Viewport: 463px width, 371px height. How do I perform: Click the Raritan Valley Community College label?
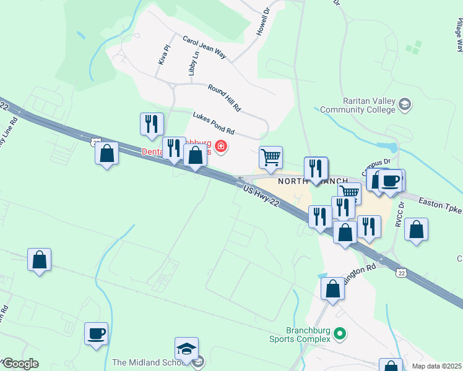tap(369, 105)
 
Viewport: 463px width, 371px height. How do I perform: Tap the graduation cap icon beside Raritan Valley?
tap(405, 104)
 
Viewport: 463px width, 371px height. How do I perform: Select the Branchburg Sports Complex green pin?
tap(338, 333)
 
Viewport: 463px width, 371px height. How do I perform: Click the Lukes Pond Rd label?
tap(214, 122)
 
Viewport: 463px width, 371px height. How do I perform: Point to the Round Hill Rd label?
tap(224, 98)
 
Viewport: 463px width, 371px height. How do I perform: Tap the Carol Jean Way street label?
tap(204, 47)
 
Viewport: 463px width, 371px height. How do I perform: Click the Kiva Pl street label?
tap(164, 54)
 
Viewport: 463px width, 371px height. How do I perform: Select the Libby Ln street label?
tap(191, 61)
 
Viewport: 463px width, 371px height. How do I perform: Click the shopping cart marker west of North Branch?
tap(270, 158)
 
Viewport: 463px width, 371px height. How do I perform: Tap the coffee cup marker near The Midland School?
tap(97, 334)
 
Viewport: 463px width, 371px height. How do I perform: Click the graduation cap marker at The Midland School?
tap(186, 349)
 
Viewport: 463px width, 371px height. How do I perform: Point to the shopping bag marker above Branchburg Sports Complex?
tap(333, 288)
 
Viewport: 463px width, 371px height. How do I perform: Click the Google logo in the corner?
tap(21, 364)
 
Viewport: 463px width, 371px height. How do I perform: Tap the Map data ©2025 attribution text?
tap(436, 366)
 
